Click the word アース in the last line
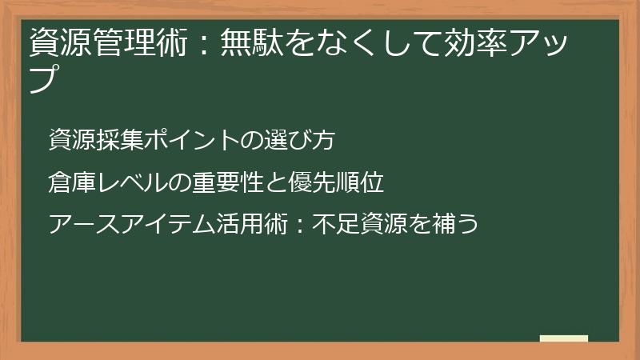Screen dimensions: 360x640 click(x=83, y=223)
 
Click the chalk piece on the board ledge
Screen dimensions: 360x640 click(x=563, y=338)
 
